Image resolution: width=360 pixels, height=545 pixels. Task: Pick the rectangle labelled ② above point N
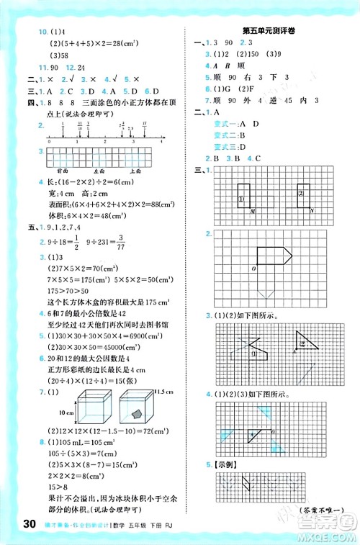tap(303, 196)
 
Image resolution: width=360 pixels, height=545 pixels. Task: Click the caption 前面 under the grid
tap(63, 172)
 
